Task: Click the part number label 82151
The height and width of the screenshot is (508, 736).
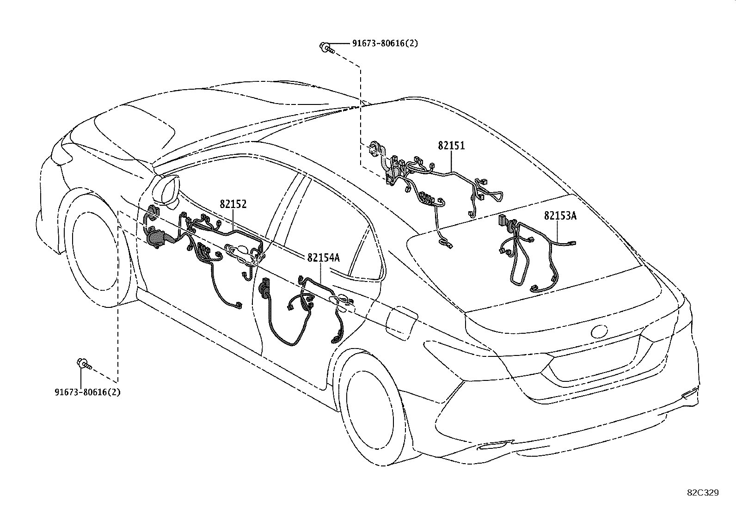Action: (x=451, y=146)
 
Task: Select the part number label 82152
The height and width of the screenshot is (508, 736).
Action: (x=233, y=204)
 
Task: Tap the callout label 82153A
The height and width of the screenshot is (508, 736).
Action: (x=560, y=216)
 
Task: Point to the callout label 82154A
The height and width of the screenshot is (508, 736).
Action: (x=323, y=257)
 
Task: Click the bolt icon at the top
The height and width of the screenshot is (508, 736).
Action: (x=326, y=47)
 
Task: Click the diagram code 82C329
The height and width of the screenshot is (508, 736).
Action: (x=703, y=493)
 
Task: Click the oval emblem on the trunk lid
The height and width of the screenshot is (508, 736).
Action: (x=600, y=331)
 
